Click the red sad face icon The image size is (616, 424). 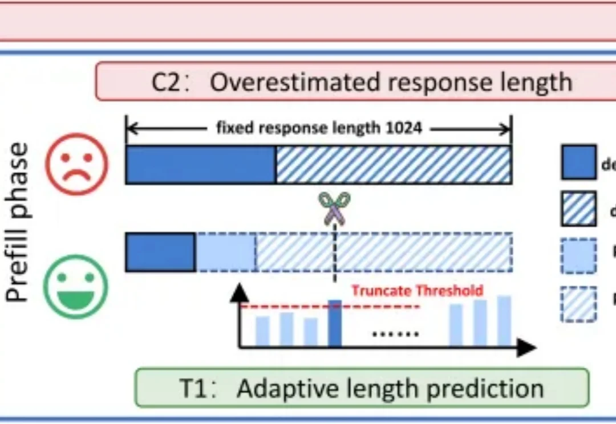click(x=76, y=164)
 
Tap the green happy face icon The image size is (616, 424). click(x=76, y=286)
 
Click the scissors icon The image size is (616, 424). click(x=334, y=207)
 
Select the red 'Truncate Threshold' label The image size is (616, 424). click(x=417, y=291)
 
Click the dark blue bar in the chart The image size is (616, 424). click(x=335, y=323)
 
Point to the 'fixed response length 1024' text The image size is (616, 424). click(x=319, y=128)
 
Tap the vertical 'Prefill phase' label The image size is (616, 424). click(x=19, y=222)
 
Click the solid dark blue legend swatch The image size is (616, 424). click(x=578, y=162)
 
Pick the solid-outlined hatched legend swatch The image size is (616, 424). click(x=578, y=209)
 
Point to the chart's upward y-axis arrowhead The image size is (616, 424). click(x=240, y=292)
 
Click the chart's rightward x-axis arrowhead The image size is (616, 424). click(x=527, y=346)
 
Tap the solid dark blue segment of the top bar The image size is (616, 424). click(x=201, y=165)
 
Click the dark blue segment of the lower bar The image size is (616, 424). click(x=160, y=252)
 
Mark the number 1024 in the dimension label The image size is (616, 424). click(x=403, y=128)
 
